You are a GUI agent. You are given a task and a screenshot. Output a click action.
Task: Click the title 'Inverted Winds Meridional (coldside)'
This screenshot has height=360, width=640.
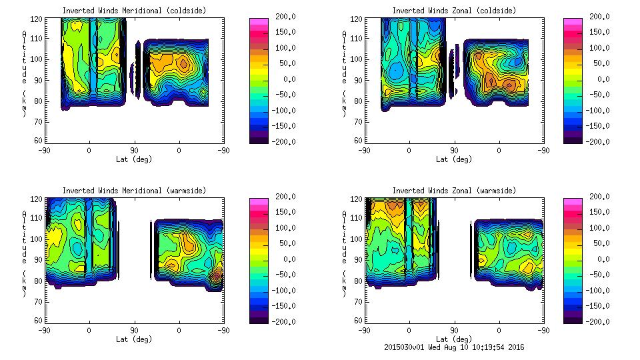tap(134, 11)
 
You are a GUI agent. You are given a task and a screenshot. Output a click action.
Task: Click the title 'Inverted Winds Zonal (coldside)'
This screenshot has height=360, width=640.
tap(454, 11)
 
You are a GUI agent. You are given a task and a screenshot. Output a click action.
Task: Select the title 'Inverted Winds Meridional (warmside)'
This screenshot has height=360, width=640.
tap(134, 191)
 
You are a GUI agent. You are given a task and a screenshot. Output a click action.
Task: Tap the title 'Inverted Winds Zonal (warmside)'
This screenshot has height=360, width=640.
tap(454, 191)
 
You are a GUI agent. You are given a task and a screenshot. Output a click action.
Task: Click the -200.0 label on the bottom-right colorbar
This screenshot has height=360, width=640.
tap(596, 322)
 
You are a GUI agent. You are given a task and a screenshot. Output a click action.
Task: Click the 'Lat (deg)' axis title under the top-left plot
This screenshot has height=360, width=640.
tap(134, 159)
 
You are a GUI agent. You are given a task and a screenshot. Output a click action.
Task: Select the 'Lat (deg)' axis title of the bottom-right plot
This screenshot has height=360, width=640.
tap(454, 339)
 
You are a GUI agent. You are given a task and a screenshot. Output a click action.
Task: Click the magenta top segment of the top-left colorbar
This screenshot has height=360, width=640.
tap(258, 22)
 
